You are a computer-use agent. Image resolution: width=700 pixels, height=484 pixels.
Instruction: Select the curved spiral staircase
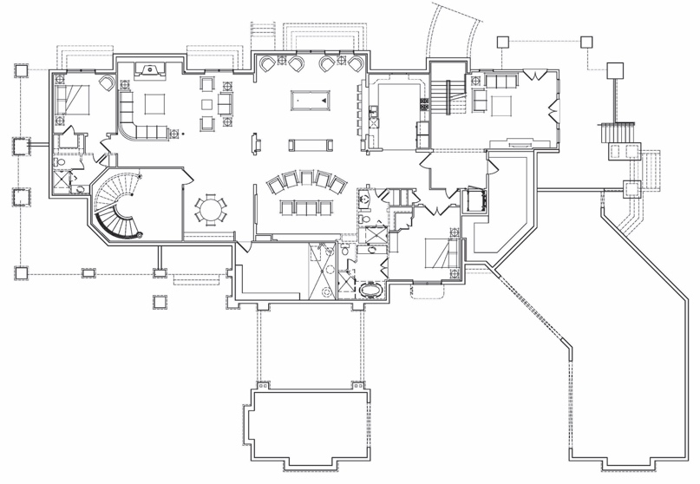pos(117,206)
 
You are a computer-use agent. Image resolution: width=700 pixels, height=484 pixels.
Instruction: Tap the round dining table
pos(212,210)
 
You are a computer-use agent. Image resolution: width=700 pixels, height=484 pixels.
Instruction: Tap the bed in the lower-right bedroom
pos(438,252)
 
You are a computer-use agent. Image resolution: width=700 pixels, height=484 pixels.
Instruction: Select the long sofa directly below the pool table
pos(309,144)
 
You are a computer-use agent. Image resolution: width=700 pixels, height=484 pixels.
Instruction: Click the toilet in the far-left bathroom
pos(60,161)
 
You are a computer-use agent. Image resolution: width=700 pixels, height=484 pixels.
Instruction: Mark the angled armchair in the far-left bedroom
pos(106,83)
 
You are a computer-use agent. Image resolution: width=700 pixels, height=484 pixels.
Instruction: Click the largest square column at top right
pos(616,69)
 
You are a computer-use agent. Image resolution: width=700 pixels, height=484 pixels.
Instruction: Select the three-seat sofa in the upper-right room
pos(498,82)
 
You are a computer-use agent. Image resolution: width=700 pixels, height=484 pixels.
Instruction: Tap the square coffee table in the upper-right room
pos(500,105)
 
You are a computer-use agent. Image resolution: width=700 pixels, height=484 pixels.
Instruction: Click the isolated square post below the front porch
pos(159,301)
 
